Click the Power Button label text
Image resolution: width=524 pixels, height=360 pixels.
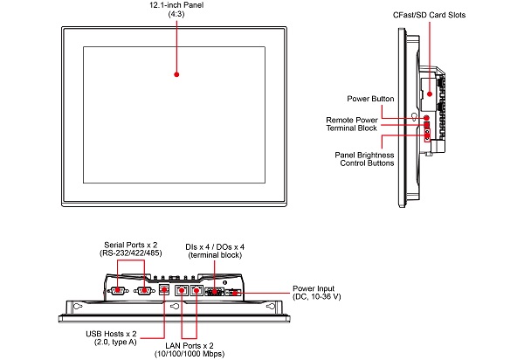pyautogui.click(x=370, y=99)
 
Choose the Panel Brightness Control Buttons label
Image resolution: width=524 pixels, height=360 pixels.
pyautogui.click(x=364, y=158)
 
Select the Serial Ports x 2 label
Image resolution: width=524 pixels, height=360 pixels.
pyautogui.click(x=131, y=249)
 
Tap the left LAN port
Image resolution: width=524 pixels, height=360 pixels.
pyautogui.click(x=182, y=288)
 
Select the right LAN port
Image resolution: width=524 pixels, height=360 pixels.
pyautogui.click(x=197, y=288)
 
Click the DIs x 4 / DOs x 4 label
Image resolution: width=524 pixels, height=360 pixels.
pyautogui.click(x=215, y=252)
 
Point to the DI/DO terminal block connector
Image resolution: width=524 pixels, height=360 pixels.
pyautogui.click(x=215, y=292)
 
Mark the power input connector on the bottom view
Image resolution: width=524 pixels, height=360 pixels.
pyautogui.click(x=234, y=293)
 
